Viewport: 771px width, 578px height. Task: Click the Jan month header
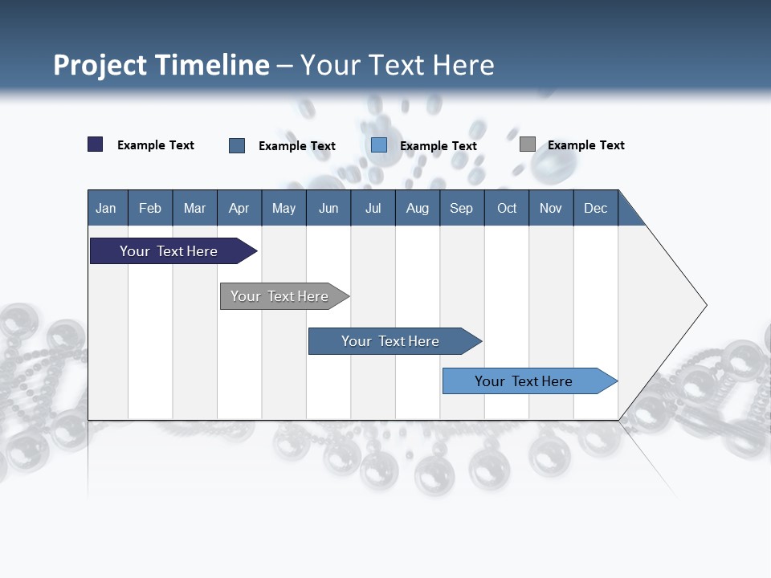pos(106,208)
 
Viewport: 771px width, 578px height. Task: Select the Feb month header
pos(150,208)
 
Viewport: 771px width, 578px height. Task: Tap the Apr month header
pos(239,208)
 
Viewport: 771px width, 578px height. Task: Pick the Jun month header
pos(328,208)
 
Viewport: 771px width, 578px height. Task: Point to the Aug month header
pos(417,208)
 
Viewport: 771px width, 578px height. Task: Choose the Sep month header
pos(461,208)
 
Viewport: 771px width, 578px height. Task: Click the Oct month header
pos(507,208)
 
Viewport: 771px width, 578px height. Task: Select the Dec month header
pos(595,208)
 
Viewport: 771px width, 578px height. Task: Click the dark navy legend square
pos(96,144)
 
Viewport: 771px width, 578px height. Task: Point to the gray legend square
pos(527,144)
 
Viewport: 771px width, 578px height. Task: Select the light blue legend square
pos(379,145)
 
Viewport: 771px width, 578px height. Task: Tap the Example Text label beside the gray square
pos(585,145)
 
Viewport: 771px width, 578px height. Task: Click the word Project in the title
pos(100,65)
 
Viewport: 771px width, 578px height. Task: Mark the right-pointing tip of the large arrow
pos(704,305)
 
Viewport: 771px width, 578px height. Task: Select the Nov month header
pos(550,208)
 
